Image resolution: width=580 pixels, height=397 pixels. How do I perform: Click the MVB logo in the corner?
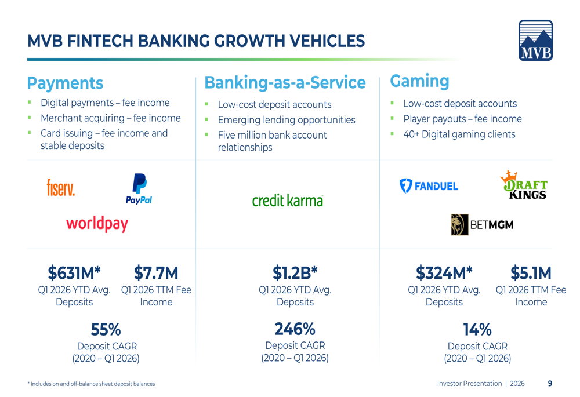(x=535, y=41)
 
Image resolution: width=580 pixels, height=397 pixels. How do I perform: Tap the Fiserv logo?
(x=61, y=187)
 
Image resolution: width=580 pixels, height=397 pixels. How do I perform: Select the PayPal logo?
(x=139, y=189)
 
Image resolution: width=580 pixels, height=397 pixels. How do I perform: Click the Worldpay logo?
(x=97, y=224)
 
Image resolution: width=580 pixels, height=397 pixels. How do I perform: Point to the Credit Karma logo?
(x=288, y=201)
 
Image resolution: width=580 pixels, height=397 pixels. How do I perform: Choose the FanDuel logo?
(x=429, y=186)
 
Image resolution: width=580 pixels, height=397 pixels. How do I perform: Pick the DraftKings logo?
(x=524, y=185)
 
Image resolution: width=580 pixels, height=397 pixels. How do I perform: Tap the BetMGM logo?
(x=482, y=225)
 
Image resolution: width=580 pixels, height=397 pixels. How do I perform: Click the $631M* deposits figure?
(x=74, y=273)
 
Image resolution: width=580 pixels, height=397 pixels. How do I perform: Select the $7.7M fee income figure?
(x=156, y=273)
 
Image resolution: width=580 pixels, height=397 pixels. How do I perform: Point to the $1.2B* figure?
(x=295, y=273)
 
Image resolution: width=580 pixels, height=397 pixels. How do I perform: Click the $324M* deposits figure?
(x=444, y=273)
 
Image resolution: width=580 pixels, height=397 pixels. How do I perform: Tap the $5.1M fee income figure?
(x=531, y=273)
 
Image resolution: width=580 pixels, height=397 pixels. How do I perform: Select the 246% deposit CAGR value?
(x=295, y=329)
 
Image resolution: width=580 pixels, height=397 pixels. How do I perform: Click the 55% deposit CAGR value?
(x=106, y=329)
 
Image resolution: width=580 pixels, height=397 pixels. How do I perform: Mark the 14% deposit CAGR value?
(x=477, y=329)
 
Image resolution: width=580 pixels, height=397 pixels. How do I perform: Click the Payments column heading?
(x=65, y=83)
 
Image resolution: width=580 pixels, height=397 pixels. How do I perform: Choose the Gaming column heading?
(x=419, y=81)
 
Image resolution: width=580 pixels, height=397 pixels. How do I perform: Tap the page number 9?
(x=550, y=383)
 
